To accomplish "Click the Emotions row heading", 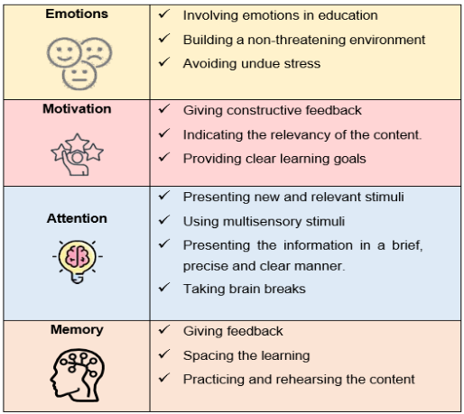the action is (x=77, y=14).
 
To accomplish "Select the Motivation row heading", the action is (x=77, y=109).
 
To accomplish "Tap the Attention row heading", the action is (x=77, y=218).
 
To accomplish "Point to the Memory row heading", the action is (x=77, y=329).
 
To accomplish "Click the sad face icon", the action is (x=97, y=51).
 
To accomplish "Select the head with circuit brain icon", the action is (x=78, y=375).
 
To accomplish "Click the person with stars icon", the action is (x=78, y=154).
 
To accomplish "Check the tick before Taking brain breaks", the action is (x=164, y=288).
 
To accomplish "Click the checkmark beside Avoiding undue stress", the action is (x=164, y=61).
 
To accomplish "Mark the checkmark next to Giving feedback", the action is (x=164, y=330).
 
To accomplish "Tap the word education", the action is (x=348, y=15).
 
